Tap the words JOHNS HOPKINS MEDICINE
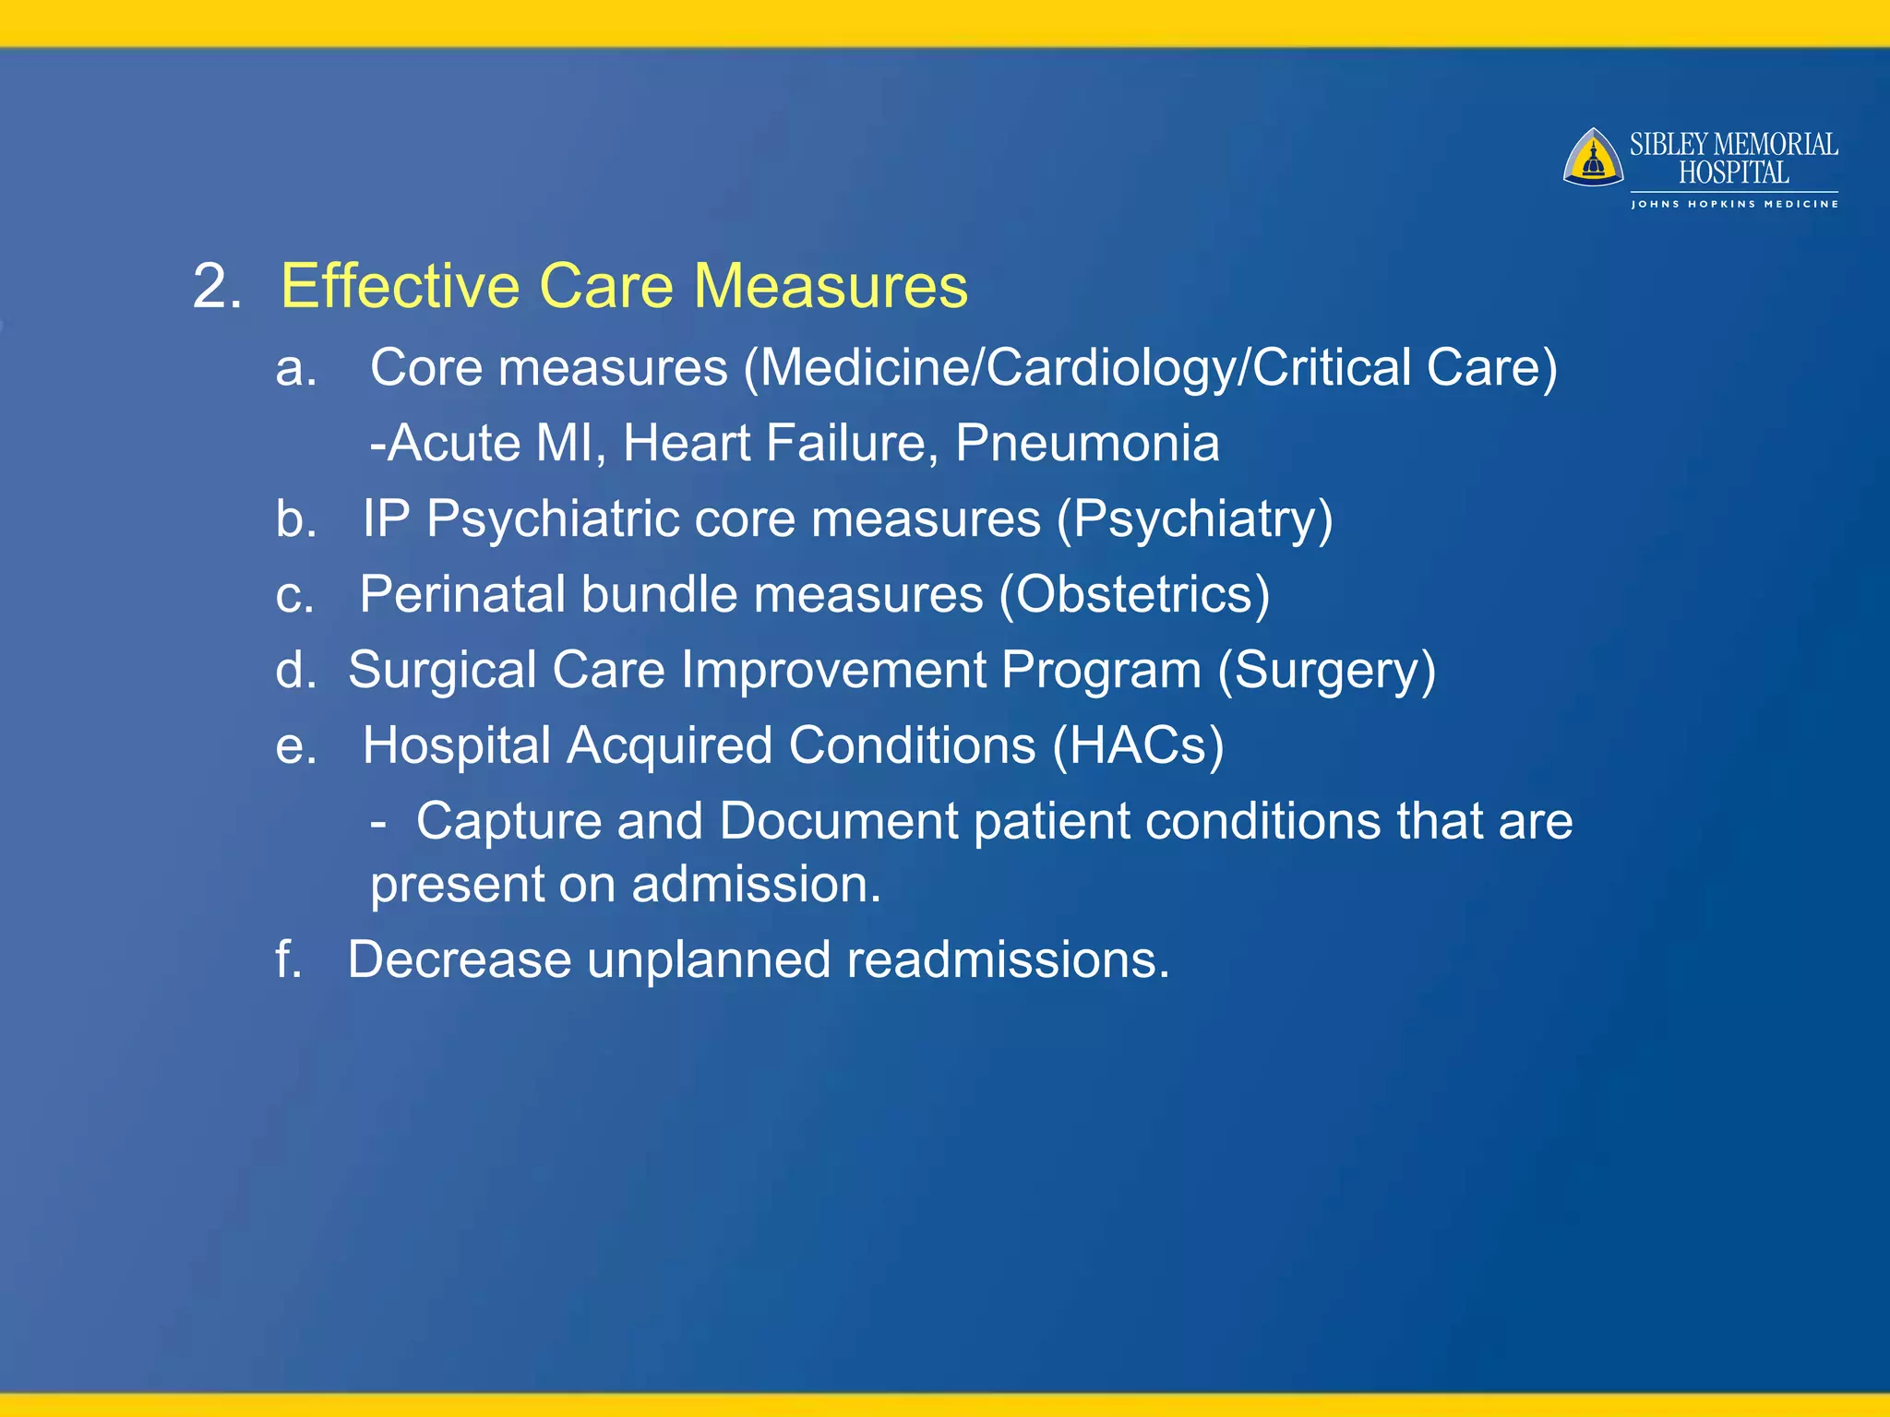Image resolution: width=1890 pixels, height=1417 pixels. click(x=1734, y=204)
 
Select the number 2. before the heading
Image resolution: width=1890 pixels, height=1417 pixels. click(x=217, y=286)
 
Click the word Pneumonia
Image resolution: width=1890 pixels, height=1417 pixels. click(x=1086, y=444)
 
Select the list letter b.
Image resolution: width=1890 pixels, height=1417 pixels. click(x=295, y=519)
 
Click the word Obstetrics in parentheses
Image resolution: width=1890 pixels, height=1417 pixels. click(x=1134, y=595)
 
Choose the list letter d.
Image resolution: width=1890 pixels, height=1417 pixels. click(x=295, y=671)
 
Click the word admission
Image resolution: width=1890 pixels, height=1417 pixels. click(x=756, y=885)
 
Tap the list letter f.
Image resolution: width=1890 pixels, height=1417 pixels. click(x=288, y=959)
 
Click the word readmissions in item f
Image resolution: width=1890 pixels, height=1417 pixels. click(x=1007, y=960)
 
